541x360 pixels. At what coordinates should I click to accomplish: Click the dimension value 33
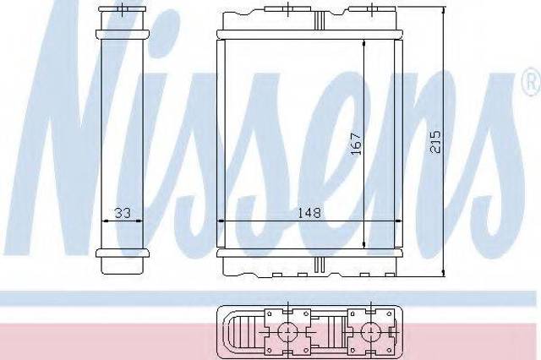[x=123, y=213]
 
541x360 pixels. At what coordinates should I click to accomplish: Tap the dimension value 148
[x=309, y=212]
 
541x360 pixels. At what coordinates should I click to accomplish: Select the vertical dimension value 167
[x=355, y=143]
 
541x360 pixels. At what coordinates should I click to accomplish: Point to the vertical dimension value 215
[x=435, y=141]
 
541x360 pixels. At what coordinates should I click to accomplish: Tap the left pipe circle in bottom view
[x=287, y=331]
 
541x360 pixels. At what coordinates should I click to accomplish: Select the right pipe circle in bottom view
[x=371, y=331]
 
